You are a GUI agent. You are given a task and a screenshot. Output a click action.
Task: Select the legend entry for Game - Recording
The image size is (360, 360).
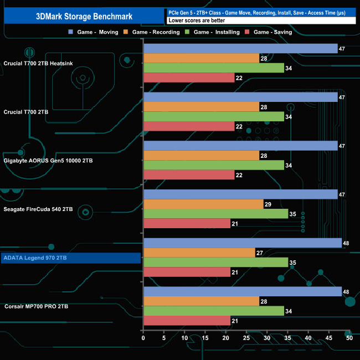[155, 32]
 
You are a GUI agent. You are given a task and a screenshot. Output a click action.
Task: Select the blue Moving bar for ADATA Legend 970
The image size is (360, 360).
[242, 243]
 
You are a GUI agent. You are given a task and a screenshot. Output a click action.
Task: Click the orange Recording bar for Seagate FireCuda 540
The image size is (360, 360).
[203, 204]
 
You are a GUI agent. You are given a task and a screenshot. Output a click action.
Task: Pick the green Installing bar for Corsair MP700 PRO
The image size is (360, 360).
[213, 311]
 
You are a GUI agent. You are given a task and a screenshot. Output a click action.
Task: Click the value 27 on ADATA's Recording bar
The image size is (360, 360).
[260, 253]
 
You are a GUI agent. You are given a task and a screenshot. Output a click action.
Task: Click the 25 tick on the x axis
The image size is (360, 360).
[246, 338]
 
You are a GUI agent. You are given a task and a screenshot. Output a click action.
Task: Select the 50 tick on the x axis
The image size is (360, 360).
[349, 338]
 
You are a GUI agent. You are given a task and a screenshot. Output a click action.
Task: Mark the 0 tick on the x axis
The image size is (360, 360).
[143, 338]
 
